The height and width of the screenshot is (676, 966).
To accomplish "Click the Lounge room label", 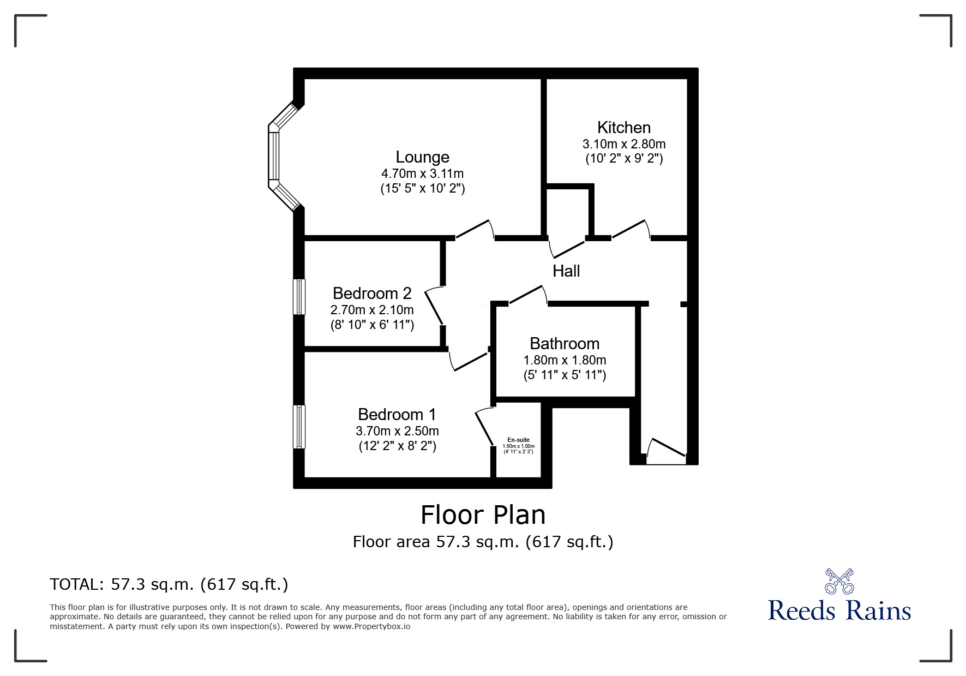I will click(x=422, y=157).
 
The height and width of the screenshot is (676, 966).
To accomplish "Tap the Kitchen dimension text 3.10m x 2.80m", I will click(x=623, y=144).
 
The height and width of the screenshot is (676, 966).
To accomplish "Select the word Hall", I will click(x=566, y=271).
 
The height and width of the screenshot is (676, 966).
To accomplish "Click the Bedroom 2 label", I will click(x=371, y=294).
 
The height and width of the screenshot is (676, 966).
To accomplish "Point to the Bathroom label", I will click(x=564, y=344).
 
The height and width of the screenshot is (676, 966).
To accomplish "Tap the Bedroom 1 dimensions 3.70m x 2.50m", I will click(x=397, y=431).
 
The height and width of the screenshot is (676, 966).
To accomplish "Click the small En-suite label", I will click(x=518, y=440).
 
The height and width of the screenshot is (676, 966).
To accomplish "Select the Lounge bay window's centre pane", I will click(x=274, y=156).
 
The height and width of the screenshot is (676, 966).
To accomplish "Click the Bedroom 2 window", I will click(x=299, y=297).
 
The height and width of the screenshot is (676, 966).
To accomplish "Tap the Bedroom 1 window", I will click(x=299, y=427).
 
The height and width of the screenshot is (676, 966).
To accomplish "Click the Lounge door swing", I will click(x=473, y=229).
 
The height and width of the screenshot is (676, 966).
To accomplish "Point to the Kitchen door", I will click(x=630, y=229).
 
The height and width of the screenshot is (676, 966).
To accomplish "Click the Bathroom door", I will click(x=527, y=295).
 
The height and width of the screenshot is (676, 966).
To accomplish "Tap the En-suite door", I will click(x=484, y=427).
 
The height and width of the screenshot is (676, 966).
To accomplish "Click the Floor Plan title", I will click(x=483, y=515).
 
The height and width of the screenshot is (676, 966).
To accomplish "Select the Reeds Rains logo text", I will click(x=839, y=611).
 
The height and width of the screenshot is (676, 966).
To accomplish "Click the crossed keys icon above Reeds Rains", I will click(x=839, y=582).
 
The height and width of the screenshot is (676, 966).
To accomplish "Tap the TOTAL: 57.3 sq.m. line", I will click(x=169, y=584).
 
